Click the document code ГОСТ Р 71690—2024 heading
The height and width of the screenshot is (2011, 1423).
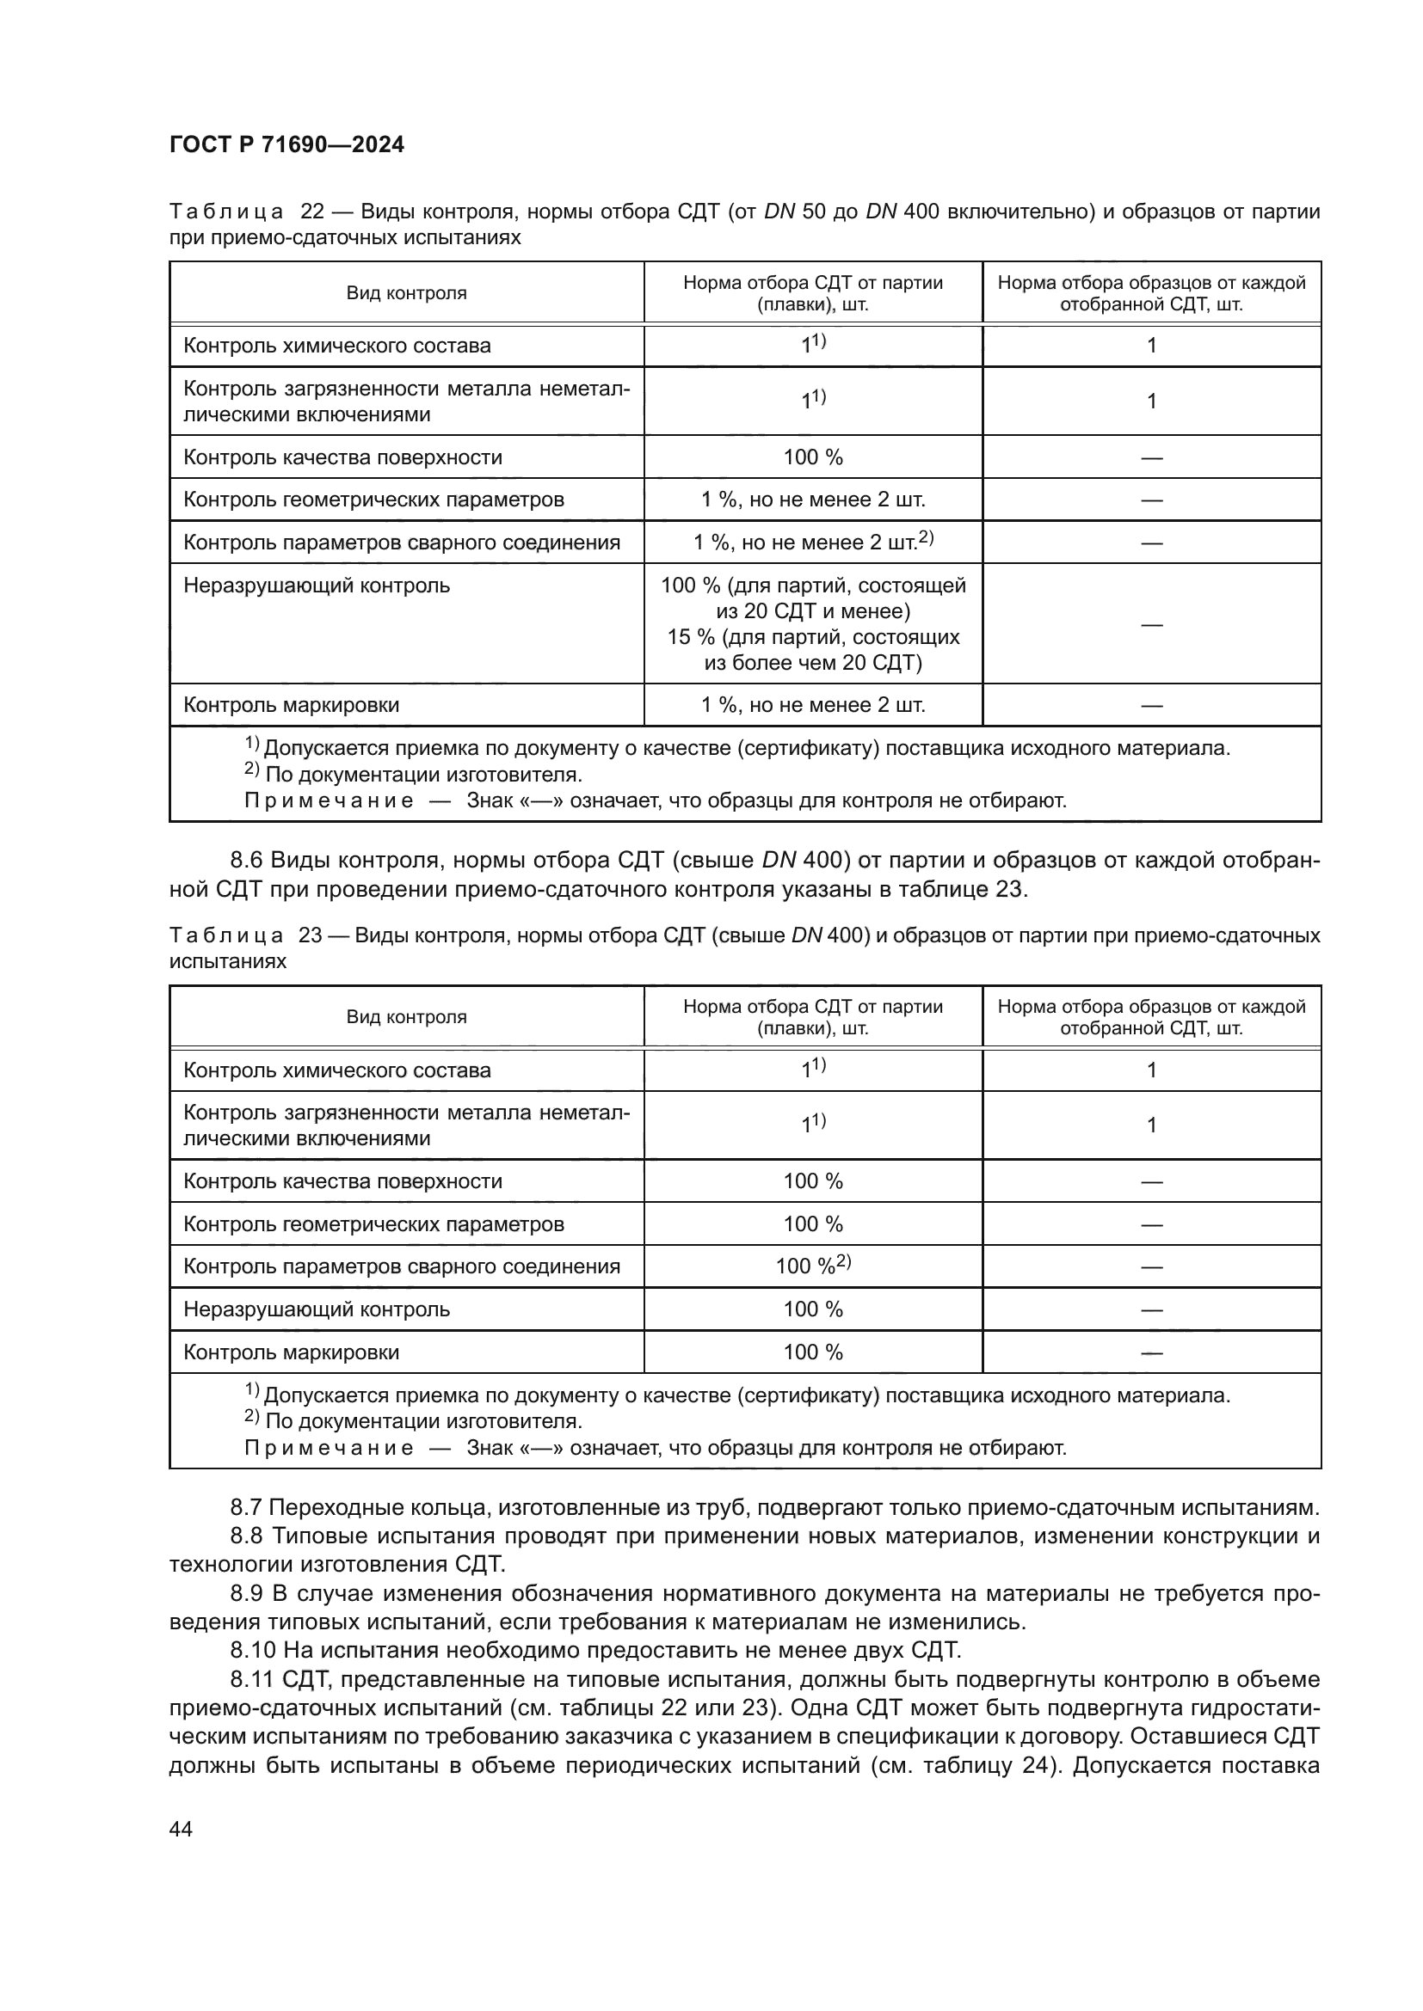coord(286,144)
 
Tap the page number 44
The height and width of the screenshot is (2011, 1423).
coord(181,1829)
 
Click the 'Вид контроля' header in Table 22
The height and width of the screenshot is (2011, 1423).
coord(406,293)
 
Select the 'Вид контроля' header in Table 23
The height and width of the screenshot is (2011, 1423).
coord(406,1017)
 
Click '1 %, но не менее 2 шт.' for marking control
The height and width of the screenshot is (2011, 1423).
coord(812,705)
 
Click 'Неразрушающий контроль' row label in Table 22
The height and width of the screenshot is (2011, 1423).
coord(317,586)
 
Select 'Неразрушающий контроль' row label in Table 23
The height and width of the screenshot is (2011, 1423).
coord(317,1309)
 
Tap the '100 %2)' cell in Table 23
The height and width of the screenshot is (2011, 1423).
coord(812,1266)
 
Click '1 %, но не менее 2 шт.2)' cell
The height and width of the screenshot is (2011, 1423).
coord(812,543)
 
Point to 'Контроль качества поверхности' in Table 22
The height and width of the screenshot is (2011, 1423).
coord(342,457)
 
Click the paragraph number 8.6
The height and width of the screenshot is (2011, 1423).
coord(248,860)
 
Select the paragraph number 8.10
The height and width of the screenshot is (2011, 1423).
coord(253,1650)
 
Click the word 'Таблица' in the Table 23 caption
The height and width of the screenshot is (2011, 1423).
coord(225,935)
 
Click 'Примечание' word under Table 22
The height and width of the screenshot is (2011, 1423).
coord(329,800)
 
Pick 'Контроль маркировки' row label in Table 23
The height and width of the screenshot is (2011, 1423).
coord(291,1352)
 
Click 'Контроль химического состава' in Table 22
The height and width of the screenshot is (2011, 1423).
coord(336,346)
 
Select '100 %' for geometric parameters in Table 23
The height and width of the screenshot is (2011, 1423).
coord(812,1223)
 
